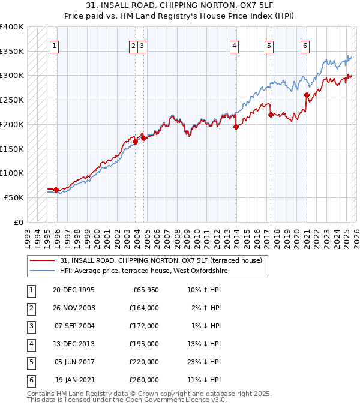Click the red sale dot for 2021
point(307,95)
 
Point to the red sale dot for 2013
point(236,127)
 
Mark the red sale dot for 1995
point(56,190)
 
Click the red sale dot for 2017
point(271,115)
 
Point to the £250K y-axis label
point(12,100)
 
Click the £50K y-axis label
point(14,197)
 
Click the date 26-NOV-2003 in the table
point(74,308)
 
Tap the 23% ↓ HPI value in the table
point(203,362)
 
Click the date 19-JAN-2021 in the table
point(74,380)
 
